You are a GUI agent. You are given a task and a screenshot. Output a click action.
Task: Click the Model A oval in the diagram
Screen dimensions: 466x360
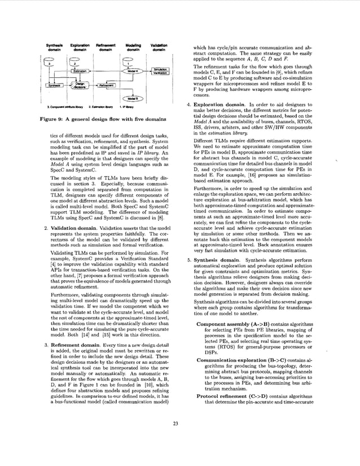(133, 71)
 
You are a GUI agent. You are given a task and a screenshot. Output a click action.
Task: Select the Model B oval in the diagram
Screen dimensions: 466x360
(133, 98)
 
